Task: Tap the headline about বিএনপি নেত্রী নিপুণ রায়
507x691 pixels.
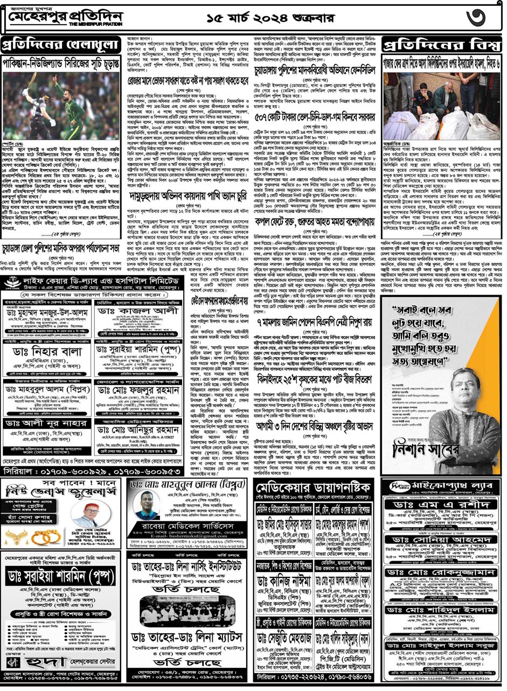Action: coord(318,326)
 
